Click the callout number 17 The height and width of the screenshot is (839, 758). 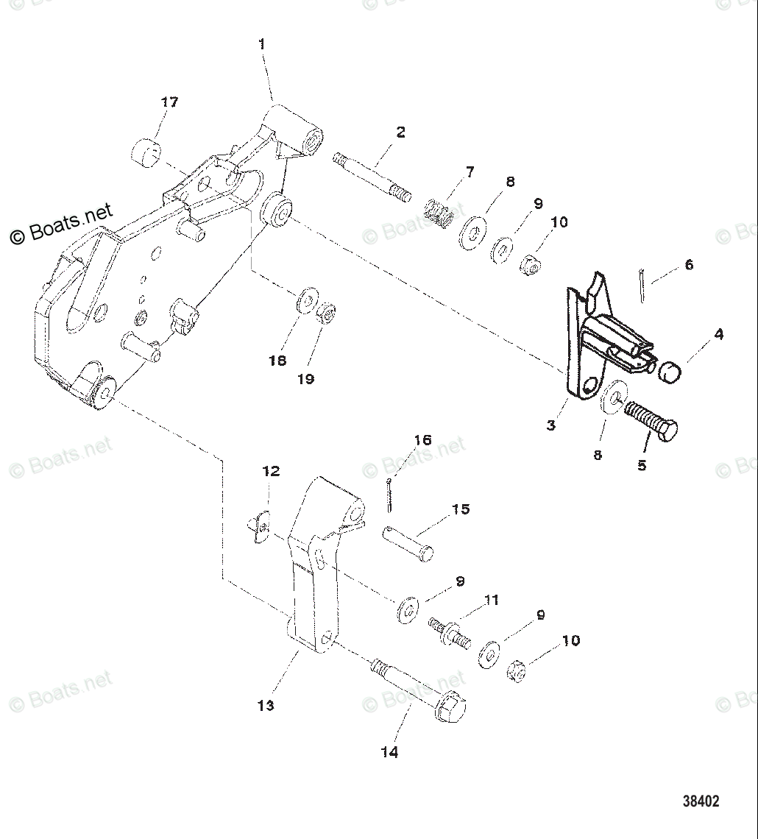pos(169,102)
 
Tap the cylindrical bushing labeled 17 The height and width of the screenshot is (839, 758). pos(147,152)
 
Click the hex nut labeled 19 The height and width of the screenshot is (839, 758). pos(325,316)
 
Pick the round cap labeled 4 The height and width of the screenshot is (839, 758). pos(669,372)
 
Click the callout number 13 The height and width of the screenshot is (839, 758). pos(266,705)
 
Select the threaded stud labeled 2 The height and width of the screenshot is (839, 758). pos(372,178)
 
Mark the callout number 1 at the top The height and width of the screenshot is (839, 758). pos(262,44)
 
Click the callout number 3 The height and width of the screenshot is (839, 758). pos(551,425)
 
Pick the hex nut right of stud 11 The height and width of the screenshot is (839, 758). pos(518,671)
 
